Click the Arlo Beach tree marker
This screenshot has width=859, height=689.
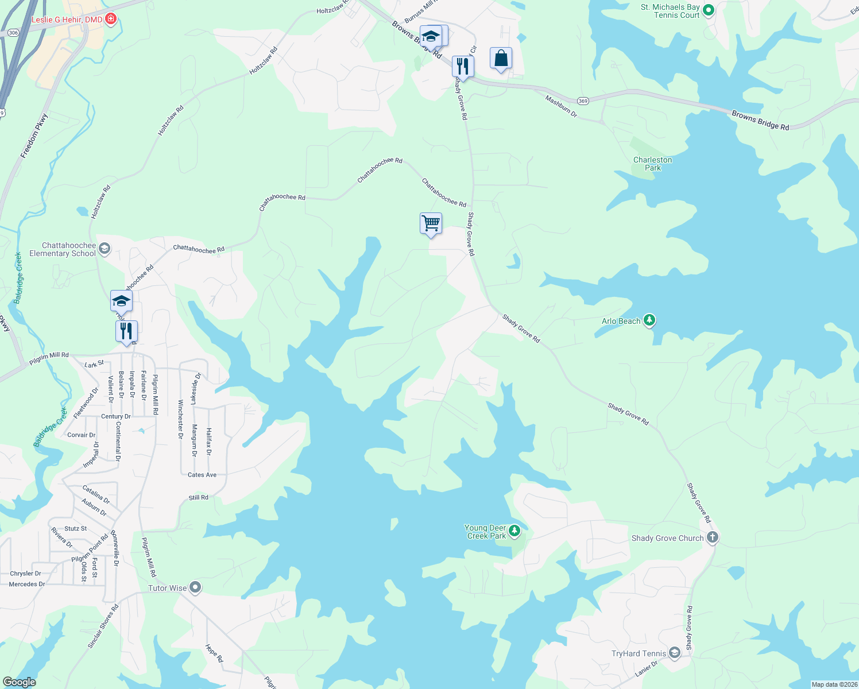[x=649, y=320]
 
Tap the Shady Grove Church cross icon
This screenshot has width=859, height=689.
[x=713, y=537]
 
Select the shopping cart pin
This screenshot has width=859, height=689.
[x=431, y=223]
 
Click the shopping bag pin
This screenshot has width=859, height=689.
[x=501, y=58]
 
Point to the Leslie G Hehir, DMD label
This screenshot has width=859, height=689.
[x=67, y=20]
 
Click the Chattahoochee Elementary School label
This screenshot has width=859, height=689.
[x=63, y=249]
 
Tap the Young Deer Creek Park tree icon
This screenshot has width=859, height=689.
[x=514, y=531]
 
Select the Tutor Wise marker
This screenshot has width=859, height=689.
[x=196, y=587]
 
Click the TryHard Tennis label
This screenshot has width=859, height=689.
[x=639, y=653]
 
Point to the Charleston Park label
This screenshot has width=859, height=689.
[x=652, y=164]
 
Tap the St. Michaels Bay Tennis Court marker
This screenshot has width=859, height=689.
[x=709, y=10]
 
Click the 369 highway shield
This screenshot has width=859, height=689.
[x=583, y=101]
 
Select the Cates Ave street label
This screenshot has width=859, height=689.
[x=202, y=475]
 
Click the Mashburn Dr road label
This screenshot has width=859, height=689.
[x=561, y=107]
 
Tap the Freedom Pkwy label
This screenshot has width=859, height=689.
[x=34, y=136]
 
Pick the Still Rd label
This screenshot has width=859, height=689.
[x=199, y=497]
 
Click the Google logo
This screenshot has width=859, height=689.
[x=19, y=682]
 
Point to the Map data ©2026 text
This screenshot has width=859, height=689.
[x=833, y=684]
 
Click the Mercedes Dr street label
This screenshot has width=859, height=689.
[x=27, y=584]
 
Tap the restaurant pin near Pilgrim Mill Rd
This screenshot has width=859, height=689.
[x=126, y=331]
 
